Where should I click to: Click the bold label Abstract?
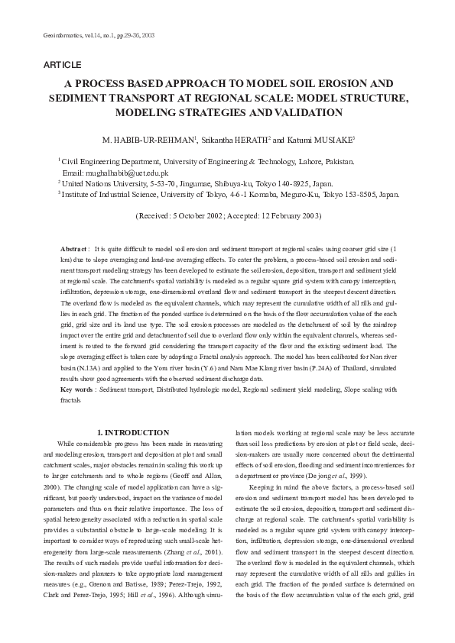[73, 250]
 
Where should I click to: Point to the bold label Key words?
[78, 389]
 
